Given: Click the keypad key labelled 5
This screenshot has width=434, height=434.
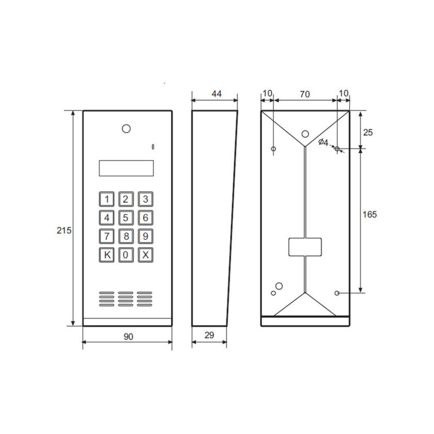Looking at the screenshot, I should (126, 218).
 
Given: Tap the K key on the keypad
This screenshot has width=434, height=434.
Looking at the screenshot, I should (106, 255).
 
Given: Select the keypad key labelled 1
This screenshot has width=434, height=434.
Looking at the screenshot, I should (106, 199).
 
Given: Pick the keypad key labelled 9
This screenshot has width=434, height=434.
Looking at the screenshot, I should (145, 236).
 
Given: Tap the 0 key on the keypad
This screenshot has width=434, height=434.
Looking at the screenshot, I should (126, 255).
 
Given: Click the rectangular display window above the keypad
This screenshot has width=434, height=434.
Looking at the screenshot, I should (126, 168).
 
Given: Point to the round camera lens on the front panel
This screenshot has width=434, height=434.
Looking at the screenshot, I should (126, 129).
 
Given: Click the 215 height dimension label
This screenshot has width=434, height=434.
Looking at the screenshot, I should (63, 231).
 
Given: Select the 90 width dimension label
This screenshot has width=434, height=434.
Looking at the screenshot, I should (127, 337).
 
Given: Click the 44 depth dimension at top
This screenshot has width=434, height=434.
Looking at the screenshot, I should (216, 94).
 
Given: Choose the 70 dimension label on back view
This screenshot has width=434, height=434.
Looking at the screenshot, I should (304, 94).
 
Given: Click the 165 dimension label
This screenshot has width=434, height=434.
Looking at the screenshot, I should (369, 214).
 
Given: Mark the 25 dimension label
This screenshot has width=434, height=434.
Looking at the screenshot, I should (368, 132).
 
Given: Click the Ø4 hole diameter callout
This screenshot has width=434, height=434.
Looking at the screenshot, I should (323, 142).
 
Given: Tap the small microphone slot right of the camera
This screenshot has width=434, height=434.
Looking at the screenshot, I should (153, 147).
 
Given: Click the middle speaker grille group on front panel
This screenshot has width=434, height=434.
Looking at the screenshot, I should (126, 298).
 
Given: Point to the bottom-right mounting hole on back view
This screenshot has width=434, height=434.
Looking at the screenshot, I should (337, 293).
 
